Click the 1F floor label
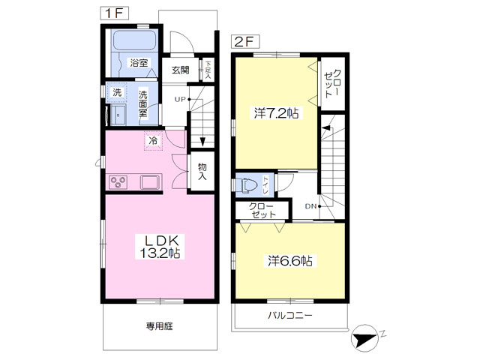[115, 13]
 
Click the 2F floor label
[245, 42]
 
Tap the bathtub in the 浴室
[134, 40]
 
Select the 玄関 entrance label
[180, 70]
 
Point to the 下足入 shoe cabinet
[208, 70]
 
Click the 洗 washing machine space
[117, 92]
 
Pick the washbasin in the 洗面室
[118, 115]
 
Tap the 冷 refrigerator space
[153, 141]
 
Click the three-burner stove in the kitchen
[118, 181]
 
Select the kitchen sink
[150, 181]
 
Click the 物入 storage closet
[202, 171]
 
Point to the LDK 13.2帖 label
[160, 247]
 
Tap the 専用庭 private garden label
[159, 326]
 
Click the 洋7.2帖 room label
[276, 113]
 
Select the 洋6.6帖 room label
[290, 261]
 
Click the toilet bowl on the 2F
[248, 186]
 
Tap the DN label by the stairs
[310, 206]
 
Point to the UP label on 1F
[180, 99]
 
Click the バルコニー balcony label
[290, 315]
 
